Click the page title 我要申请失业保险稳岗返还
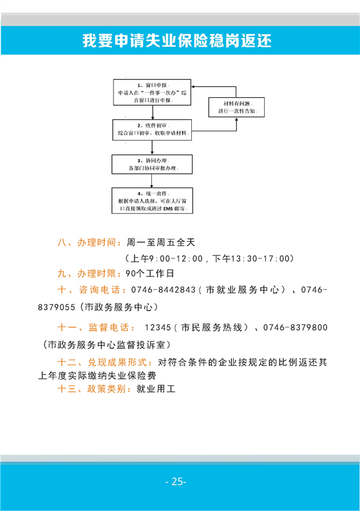(x=177, y=41)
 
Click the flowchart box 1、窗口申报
(x=152, y=92)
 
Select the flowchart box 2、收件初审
(x=152, y=130)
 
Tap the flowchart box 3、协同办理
(x=152, y=164)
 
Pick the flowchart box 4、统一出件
(x=152, y=201)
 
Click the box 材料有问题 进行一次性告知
(x=236, y=107)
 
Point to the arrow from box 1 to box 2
(x=153, y=112)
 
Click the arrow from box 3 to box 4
(x=151, y=181)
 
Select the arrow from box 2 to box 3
(x=152, y=148)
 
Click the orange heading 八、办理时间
(x=87, y=242)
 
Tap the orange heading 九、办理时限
(x=87, y=273)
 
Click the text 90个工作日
(x=149, y=273)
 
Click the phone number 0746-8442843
(x=163, y=290)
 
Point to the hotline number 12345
(x=158, y=327)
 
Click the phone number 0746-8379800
(x=295, y=327)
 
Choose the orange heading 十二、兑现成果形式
(x=105, y=362)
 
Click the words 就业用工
(x=156, y=389)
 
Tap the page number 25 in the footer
(x=176, y=481)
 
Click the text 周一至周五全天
(x=161, y=242)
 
